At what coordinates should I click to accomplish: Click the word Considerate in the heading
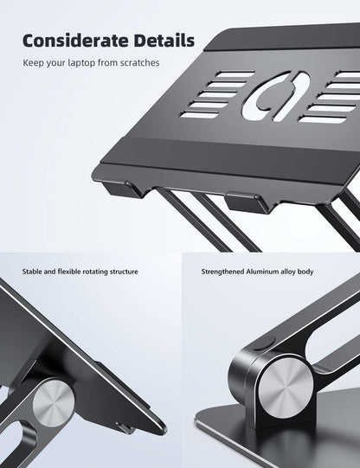[x=74, y=41]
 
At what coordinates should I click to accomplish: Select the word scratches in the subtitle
[x=139, y=63]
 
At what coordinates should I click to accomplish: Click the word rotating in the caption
[x=95, y=272]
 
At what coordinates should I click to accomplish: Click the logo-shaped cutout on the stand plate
[x=275, y=96]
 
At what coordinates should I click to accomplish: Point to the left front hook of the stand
[x=124, y=189]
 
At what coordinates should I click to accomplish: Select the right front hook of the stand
[x=247, y=203]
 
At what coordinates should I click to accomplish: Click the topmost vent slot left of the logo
[x=235, y=74]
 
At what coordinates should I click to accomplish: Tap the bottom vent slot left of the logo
[x=199, y=114]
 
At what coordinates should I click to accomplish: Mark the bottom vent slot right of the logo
[x=323, y=119]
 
